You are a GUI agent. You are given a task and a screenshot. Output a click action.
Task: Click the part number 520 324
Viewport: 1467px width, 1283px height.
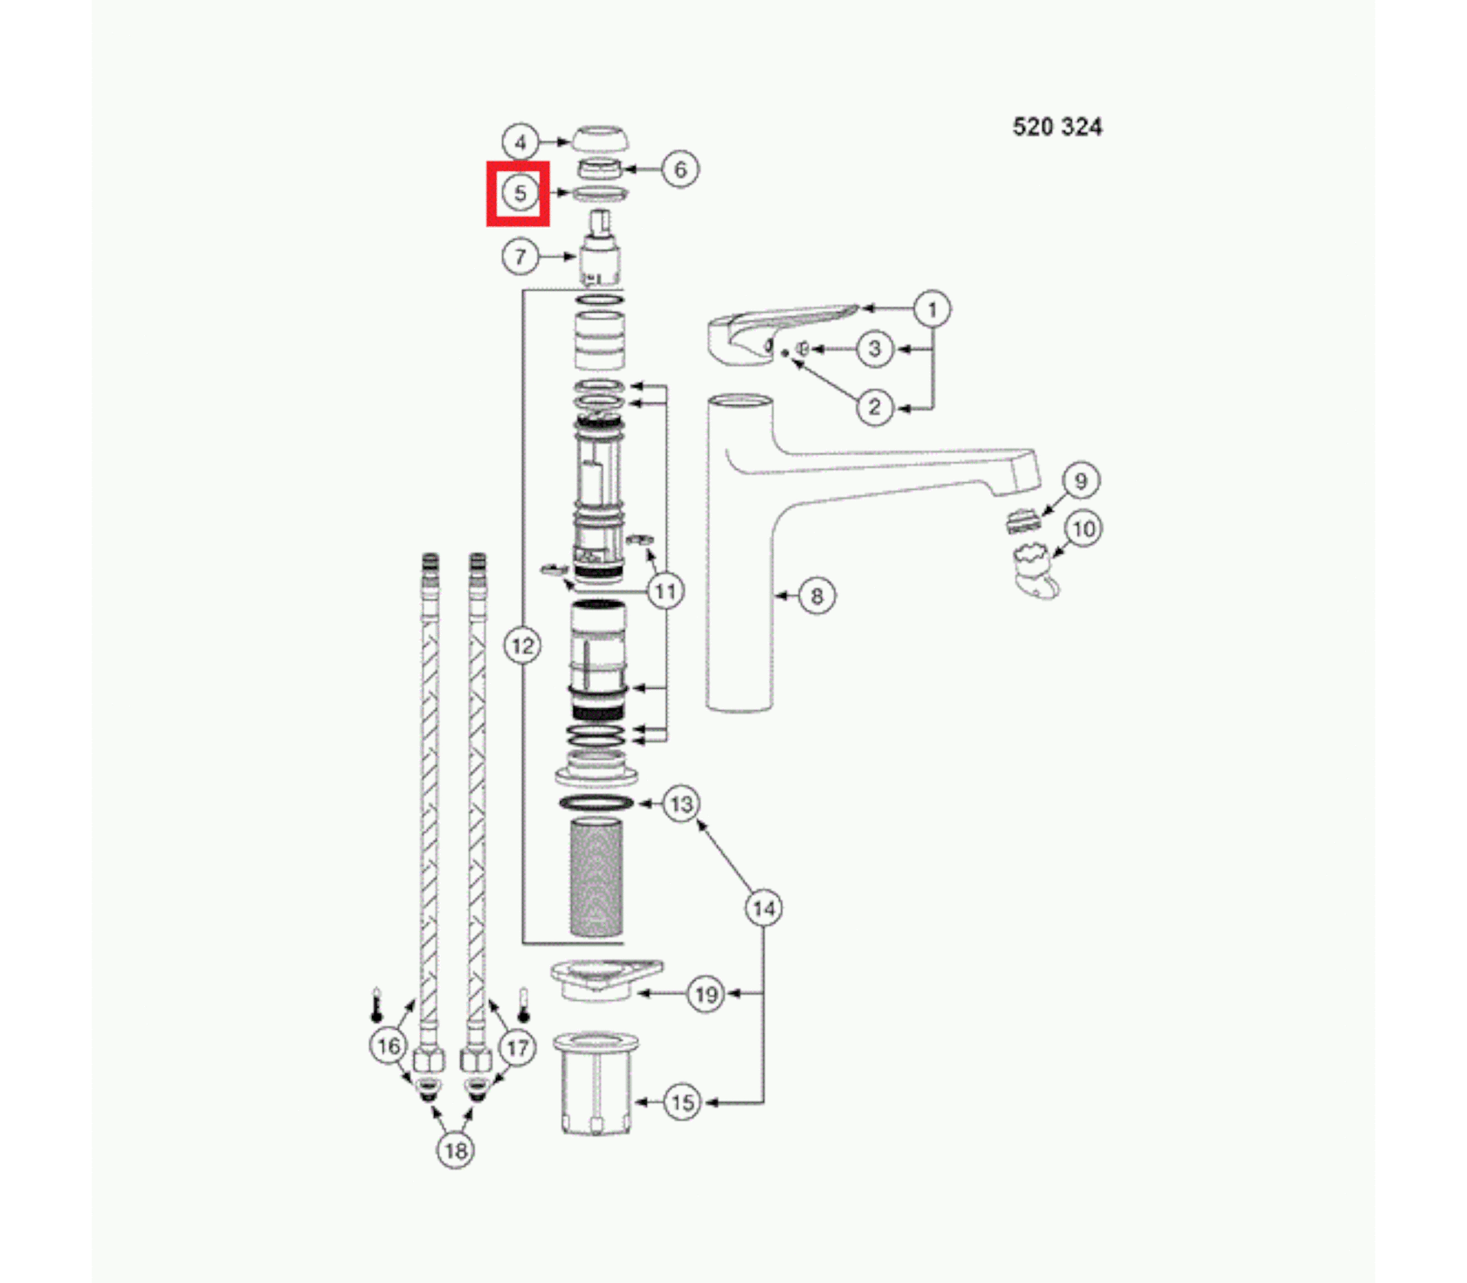click(x=1057, y=128)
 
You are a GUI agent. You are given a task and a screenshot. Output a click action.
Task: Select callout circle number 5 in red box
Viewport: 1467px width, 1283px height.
click(x=520, y=193)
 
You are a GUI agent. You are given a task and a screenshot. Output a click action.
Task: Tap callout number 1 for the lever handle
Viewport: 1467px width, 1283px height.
click(x=932, y=309)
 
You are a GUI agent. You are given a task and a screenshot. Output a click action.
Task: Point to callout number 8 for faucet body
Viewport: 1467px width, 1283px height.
click(x=816, y=596)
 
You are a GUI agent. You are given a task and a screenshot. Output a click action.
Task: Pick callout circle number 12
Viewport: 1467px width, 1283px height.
click(x=522, y=646)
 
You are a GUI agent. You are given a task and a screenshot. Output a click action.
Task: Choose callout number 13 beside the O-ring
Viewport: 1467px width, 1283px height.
click(x=681, y=804)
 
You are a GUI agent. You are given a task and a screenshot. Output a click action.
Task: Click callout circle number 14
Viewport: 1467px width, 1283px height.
click(x=764, y=908)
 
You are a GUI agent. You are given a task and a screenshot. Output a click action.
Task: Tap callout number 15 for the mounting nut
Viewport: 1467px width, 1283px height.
click(x=683, y=1102)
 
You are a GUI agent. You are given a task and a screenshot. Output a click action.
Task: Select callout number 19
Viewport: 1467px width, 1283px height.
click(x=706, y=994)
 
